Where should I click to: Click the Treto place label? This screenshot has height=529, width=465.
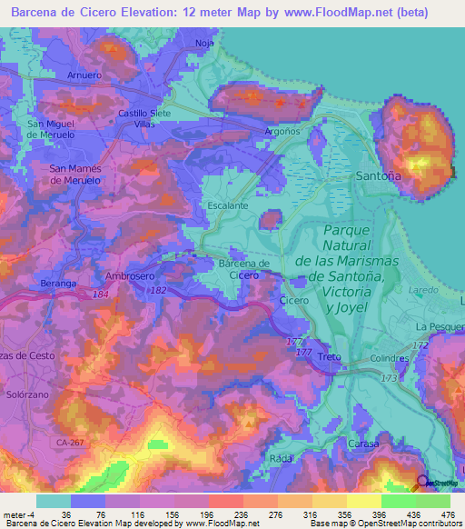329,358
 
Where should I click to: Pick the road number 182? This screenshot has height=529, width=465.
158,290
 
